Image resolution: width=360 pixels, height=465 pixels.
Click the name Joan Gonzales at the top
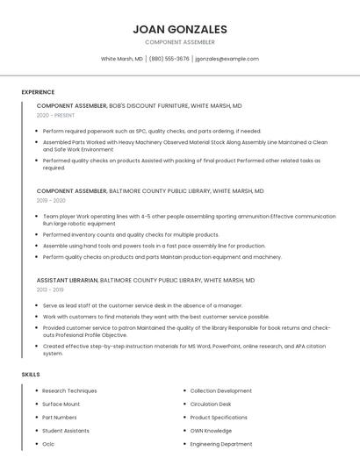(179, 29)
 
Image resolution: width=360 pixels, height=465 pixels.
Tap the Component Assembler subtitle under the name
(179, 42)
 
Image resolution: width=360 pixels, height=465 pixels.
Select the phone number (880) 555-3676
(169, 59)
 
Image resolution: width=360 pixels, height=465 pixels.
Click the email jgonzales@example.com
(227, 59)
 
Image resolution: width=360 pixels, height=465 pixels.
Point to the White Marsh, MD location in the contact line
(121, 59)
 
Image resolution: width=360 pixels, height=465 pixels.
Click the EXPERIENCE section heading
(38, 92)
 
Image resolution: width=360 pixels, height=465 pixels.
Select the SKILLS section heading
(31, 375)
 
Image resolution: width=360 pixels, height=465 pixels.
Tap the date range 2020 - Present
(55, 115)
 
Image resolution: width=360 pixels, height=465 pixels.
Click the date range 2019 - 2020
(51, 200)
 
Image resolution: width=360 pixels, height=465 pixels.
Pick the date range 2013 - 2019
(50, 289)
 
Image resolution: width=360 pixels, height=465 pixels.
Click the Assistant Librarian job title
(67, 280)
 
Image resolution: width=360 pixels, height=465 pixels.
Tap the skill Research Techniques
(69, 390)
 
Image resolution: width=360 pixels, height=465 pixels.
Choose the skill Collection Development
(220, 390)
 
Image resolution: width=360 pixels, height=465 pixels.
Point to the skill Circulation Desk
(210, 404)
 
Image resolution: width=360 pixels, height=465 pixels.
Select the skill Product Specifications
(219, 418)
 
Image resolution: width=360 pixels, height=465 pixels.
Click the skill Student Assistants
(66, 431)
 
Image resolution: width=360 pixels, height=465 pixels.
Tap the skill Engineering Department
(220, 444)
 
